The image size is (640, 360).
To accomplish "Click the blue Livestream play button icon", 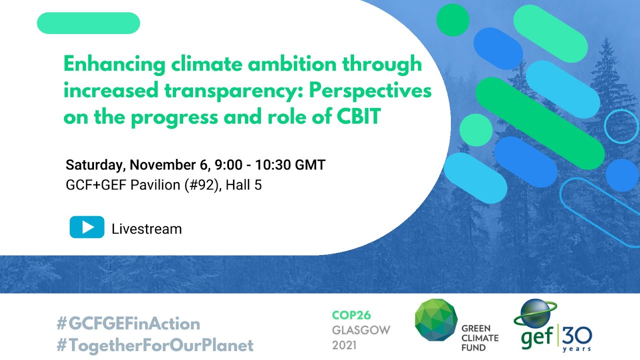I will point(87,227).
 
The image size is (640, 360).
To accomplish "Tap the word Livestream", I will point(146,229).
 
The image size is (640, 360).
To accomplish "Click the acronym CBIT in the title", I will point(359,117).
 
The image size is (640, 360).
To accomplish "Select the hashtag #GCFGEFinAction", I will point(128,323).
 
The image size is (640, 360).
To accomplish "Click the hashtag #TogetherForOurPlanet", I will point(155,345).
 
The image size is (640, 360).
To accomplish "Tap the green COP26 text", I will point(352,315).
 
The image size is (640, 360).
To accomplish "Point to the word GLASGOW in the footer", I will point(361,330).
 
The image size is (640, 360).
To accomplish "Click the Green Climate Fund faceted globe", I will point(435,319).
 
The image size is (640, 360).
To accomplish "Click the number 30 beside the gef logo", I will point(578,333).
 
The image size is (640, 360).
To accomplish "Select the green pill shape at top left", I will point(88,23).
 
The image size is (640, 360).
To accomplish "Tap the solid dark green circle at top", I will point(452,19).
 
